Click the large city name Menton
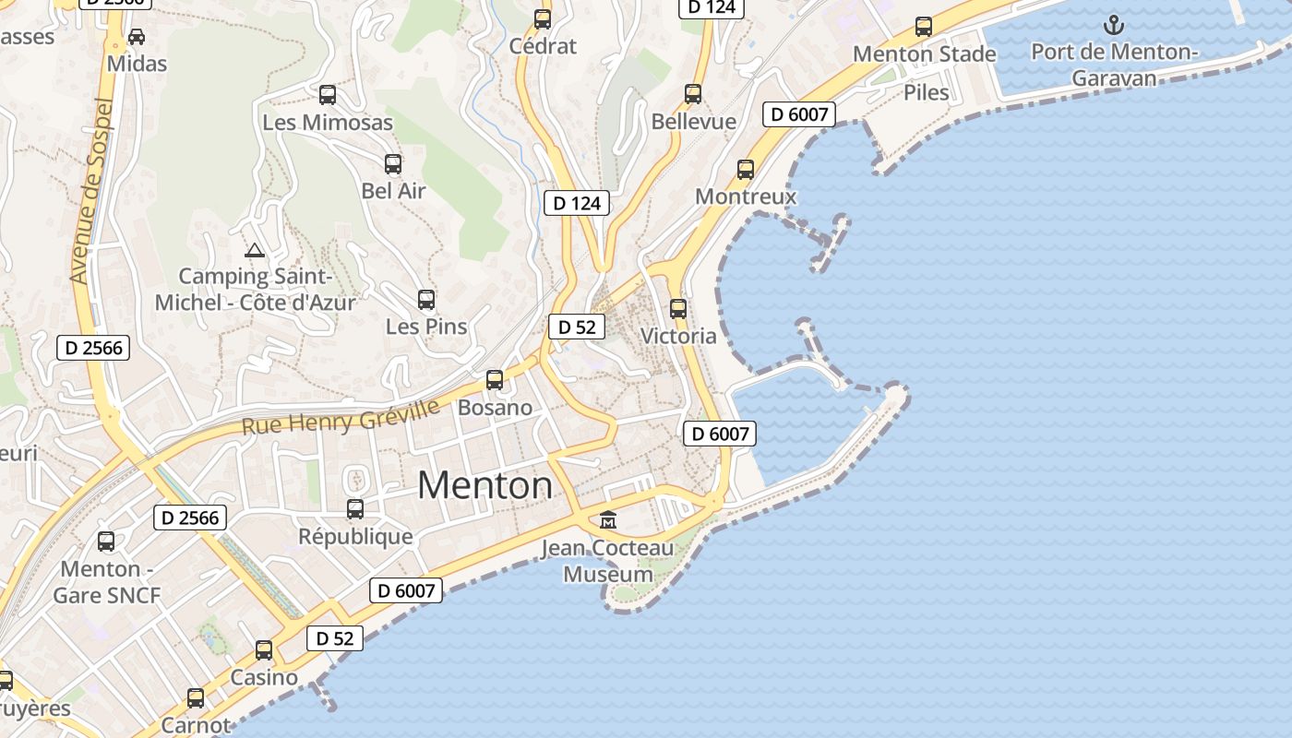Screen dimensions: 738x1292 484,485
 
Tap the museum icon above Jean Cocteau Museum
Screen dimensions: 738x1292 608,520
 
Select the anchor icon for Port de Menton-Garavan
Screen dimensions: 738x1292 1114,25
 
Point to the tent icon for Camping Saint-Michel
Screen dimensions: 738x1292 254,249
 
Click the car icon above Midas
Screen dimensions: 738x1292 137,37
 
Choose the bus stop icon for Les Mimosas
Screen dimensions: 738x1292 328,95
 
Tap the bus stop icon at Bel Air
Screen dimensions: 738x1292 393,164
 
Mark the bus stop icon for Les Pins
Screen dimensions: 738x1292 425,300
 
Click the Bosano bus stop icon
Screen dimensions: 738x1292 495,380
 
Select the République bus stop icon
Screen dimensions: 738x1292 355,508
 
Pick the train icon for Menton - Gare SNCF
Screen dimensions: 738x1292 106,542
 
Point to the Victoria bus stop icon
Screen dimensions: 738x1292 678,309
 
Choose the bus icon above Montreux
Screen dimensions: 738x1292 746,170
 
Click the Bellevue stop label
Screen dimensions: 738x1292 693,122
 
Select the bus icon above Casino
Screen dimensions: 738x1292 264,650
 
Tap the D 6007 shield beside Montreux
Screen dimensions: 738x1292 799,114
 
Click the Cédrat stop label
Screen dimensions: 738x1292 543,46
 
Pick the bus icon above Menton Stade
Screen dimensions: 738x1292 924,27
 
